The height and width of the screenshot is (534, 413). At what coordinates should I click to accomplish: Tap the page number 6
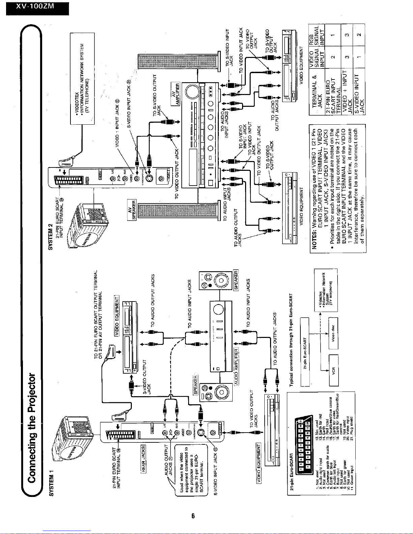pos(193,516)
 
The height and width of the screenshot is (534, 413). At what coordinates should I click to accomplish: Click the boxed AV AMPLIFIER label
pos(176,94)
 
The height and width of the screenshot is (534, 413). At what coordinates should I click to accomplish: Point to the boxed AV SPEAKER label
pos(131,209)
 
